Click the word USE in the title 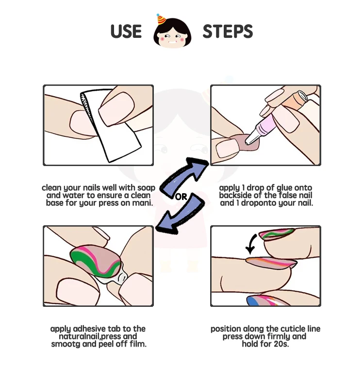[126, 32]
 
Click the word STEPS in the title [228, 32]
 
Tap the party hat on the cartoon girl [161, 20]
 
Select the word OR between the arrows [181, 197]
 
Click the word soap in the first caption [146, 188]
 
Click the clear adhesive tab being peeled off [117, 277]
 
